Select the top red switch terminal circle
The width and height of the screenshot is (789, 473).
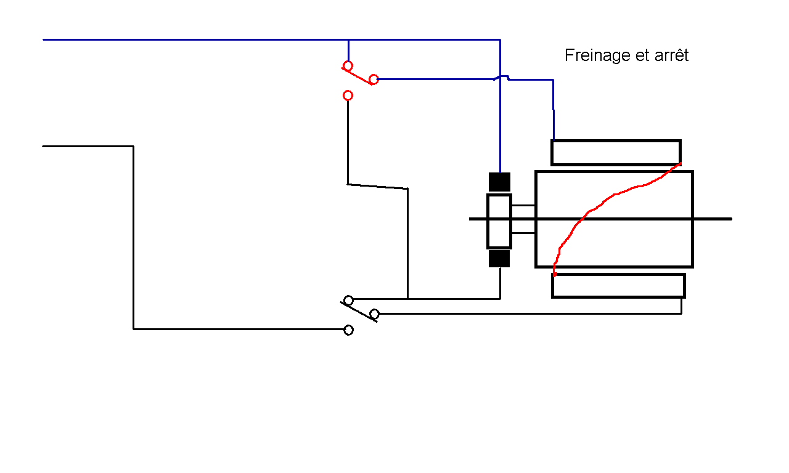348,66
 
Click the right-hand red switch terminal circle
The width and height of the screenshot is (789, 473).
374,79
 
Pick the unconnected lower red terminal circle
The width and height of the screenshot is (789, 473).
348,95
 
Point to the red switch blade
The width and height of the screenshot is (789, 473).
357,76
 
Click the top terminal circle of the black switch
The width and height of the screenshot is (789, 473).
348,300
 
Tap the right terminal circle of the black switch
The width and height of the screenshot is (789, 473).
374,313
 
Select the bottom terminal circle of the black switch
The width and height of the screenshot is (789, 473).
348,330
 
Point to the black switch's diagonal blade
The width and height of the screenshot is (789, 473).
359,312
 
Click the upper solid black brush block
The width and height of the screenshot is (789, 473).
499,182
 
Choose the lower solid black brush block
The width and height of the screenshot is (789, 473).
499,259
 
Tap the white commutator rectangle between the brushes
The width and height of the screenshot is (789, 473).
499,221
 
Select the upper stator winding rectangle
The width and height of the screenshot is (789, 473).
616,152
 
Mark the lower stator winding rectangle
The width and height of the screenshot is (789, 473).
618,286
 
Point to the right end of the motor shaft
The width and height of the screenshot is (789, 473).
732,219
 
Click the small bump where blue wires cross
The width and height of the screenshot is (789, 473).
501,77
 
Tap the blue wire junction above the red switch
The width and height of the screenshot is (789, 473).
348,40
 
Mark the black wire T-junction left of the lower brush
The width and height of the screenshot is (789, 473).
408,299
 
